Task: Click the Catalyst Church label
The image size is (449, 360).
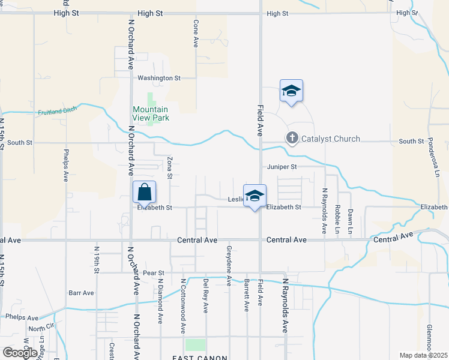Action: [331, 139]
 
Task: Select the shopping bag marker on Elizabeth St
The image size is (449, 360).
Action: [144, 193]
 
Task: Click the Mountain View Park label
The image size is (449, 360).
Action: [151, 113]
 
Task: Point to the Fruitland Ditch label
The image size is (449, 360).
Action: [59, 112]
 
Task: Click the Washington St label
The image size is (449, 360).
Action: [159, 78]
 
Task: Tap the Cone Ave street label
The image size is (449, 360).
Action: [196, 33]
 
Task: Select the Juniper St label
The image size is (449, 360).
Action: [282, 167]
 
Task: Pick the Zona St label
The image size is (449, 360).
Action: [170, 168]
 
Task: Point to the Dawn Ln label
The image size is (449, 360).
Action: [351, 221]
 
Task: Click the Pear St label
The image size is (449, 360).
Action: [154, 273]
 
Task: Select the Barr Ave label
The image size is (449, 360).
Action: [82, 293]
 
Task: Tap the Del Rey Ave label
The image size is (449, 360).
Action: [206, 295]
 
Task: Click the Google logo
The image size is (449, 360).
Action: [20, 353]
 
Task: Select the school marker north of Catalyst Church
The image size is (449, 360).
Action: [291, 92]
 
